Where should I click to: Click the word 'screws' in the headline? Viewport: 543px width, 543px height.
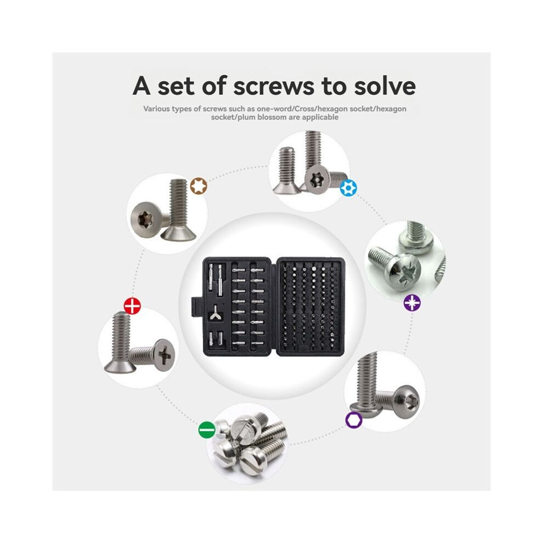pyautogui.click(x=274, y=86)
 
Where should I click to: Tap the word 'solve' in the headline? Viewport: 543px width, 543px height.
pyautogui.click(x=384, y=86)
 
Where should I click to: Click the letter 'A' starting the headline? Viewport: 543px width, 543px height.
pyautogui.click(x=142, y=86)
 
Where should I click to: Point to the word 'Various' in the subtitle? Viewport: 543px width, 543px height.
pyautogui.click(x=156, y=109)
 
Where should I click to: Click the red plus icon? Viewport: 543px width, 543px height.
pyautogui.click(x=132, y=306)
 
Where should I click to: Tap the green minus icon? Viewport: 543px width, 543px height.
pyautogui.click(x=207, y=430)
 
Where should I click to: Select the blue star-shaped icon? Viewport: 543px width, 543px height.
pyautogui.click(x=348, y=188)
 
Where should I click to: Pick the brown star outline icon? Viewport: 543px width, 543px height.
pyautogui.click(x=199, y=186)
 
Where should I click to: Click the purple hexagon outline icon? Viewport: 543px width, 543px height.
pyautogui.click(x=354, y=420)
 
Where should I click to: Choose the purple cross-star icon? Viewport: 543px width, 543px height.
pyautogui.click(x=412, y=303)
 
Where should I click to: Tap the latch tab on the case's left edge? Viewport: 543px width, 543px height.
pyautogui.click(x=196, y=307)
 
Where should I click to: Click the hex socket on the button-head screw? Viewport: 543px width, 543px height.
pyautogui.click(x=412, y=401)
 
